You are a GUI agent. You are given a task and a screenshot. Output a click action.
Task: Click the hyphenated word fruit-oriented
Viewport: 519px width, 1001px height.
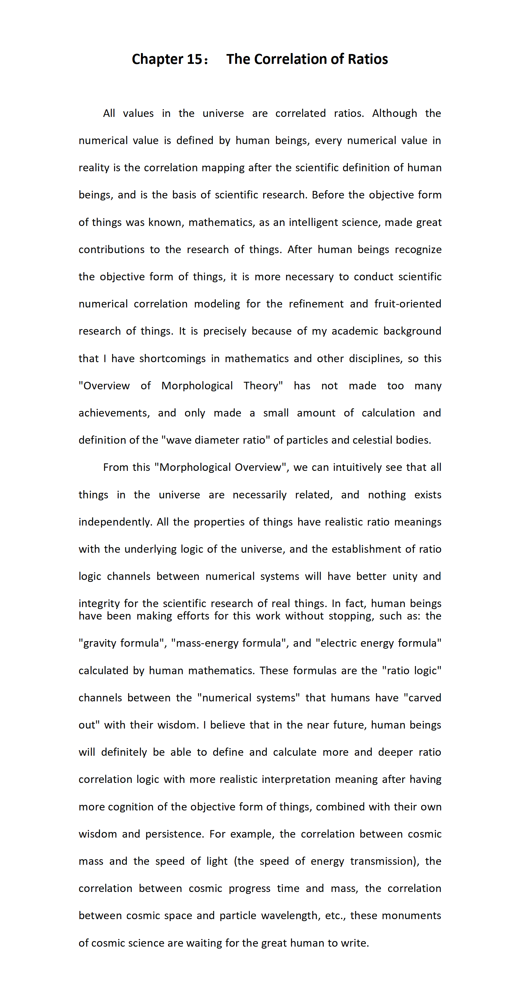click(407, 304)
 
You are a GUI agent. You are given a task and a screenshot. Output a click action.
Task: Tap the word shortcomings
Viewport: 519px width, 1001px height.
click(172, 358)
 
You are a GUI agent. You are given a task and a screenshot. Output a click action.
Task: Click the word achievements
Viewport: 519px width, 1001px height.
click(114, 413)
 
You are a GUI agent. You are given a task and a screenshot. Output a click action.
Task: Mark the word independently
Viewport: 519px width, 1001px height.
click(114, 522)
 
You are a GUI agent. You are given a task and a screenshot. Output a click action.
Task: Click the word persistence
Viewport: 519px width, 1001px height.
click(174, 834)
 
